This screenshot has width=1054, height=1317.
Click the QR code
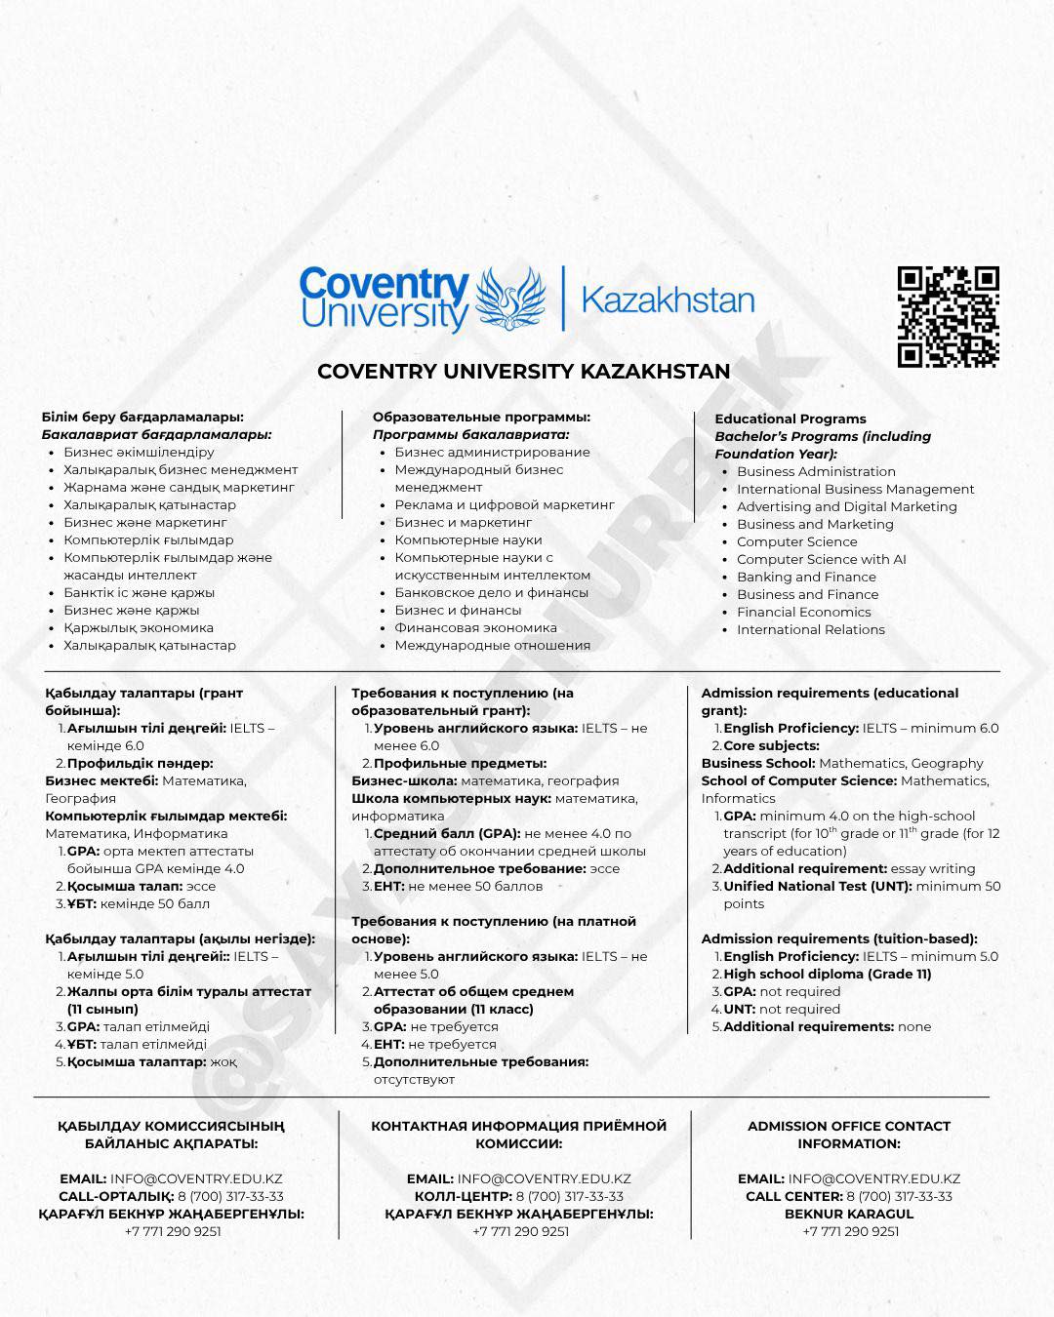coord(948,316)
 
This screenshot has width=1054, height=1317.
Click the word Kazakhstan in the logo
coord(668,299)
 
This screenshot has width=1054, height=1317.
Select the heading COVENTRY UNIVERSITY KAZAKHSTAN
coord(524,372)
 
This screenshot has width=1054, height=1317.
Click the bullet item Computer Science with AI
coord(821,559)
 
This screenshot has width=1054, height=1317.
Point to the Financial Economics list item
coord(803,612)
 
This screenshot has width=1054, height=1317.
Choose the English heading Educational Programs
coord(790,419)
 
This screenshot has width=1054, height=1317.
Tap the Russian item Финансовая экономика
coord(475,627)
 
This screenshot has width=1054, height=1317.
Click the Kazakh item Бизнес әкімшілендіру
coord(139,452)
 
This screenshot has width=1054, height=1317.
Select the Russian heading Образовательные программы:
coord(481,417)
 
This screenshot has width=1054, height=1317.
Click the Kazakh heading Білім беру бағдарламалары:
coord(142,417)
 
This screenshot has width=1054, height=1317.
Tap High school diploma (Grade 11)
coord(827,974)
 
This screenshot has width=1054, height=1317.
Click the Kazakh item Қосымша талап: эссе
coord(142,886)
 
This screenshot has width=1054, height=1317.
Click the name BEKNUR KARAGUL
coord(849,1214)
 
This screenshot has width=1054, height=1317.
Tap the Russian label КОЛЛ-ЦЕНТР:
coord(463,1196)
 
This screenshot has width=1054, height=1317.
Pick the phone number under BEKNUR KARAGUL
coord(851,1231)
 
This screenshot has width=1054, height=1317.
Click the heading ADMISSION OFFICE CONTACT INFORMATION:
coord(848,1135)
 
